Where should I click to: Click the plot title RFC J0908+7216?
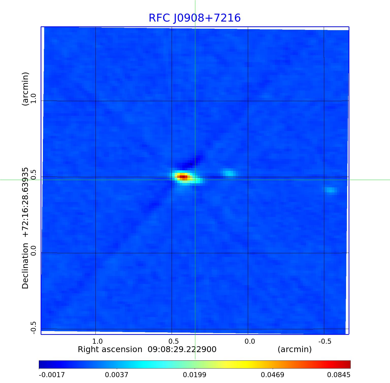tap(194, 18)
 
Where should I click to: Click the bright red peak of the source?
tap(183, 177)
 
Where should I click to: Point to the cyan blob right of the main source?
tap(230, 173)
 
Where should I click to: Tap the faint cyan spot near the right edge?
tap(331, 190)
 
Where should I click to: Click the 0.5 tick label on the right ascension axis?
tap(173, 341)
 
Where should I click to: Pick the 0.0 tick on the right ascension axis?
tap(250, 341)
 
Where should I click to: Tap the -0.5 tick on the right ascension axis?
tap(325, 341)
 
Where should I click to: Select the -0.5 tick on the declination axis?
tap(34, 328)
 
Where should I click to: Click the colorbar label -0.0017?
tap(52, 375)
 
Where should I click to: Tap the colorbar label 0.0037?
tap(117, 375)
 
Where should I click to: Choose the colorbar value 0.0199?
tap(195, 375)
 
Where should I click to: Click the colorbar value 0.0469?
tap(272, 375)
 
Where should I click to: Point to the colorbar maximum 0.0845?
tap(338, 375)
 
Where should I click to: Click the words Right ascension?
tap(110, 350)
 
